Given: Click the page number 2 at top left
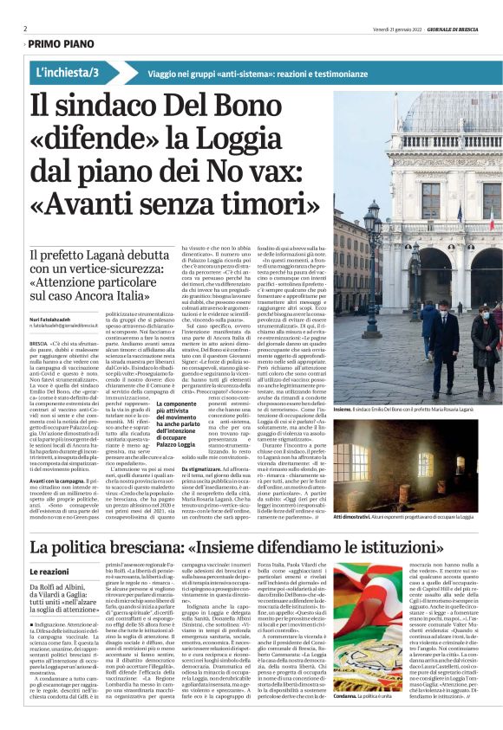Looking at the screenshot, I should (26, 29).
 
